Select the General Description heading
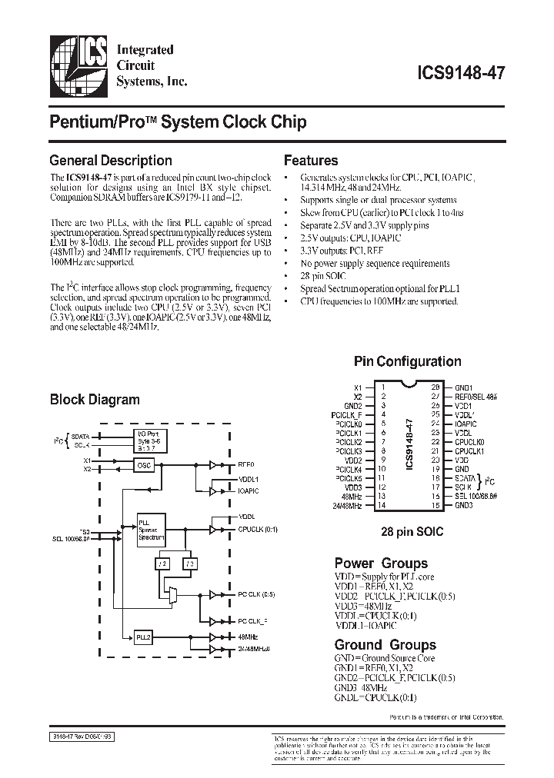(110, 161)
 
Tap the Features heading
(311, 161)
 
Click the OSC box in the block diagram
(144, 465)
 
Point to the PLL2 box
(144, 637)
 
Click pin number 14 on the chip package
(380, 506)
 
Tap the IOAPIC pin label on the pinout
(466, 424)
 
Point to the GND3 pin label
(464, 506)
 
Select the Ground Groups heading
(385, 645)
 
